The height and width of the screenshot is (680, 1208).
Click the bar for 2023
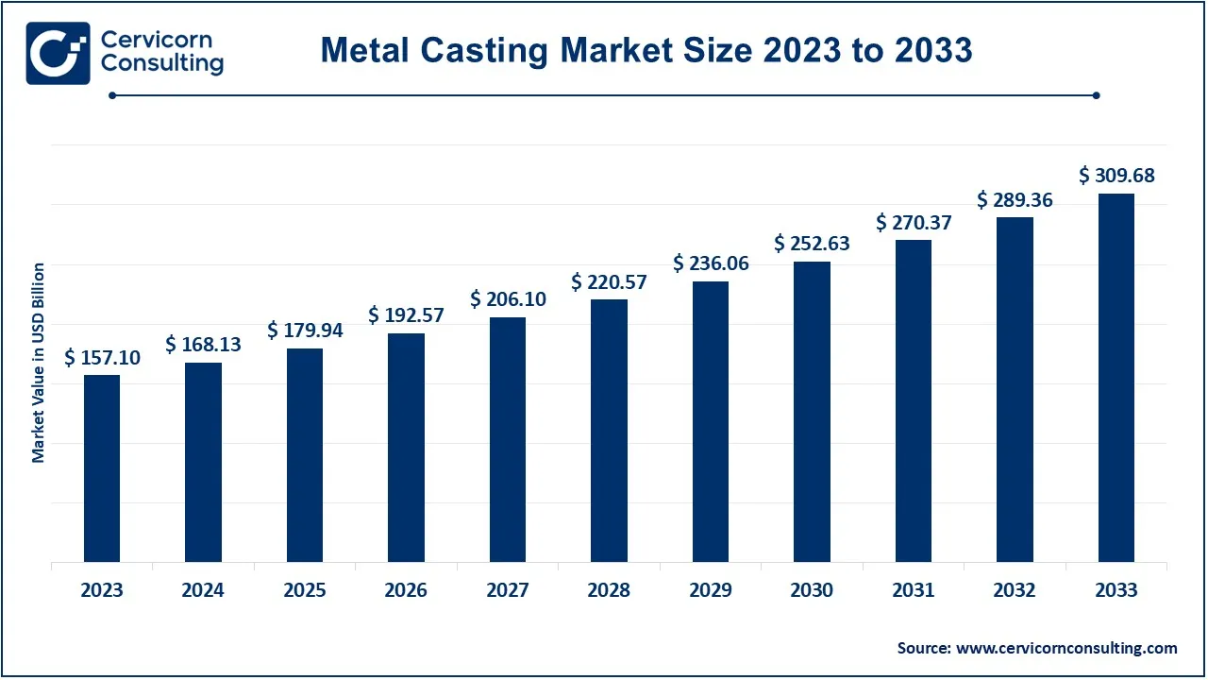pyautogui.click(x=102, y=468)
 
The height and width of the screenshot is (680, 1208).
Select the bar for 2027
pyautogui.click(x=508, y=440)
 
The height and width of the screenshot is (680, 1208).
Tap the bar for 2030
pyautogui.click(x=812, y=412)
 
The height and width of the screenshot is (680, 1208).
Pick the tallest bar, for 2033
pyautogui.click(x=1116, y=378)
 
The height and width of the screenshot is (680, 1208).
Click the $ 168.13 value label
pyautogui.click(x=203, y=345)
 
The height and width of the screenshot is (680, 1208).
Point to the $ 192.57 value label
pyautogui.click(x=406, y=314)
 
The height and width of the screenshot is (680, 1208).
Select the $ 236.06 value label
pyautogui.click(x=711, y=263)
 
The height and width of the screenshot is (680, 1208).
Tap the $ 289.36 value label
pyautogui.click(x=1015, y=200)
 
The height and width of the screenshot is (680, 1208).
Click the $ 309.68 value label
pyautogui.click(x=1116, y=176)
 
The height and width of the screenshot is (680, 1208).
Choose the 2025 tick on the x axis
pyautogui.click(x=304, y=590)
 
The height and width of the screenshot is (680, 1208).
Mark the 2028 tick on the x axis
pyautogui.click(x=609, y=590)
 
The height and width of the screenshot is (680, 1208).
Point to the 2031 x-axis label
pyautogui.click(x=914, y=590)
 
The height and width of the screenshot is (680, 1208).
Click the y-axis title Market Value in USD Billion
pyautogui.click(x=39, y=363)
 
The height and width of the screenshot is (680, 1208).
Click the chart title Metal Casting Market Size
pyautogui.click(x=646, y=50)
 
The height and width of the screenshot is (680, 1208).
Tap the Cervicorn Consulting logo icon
pyautogui.click(x=58, y=53)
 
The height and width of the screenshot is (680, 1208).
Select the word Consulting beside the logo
pyautogui.click(x=161, y=64)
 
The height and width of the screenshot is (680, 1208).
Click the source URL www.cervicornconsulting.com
pyautogui.click(x=1066, y=648)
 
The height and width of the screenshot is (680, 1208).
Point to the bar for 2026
pyautogui.click(x=406, y=448)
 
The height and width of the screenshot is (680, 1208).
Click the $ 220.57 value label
pyautogui.click(x=609, y=281)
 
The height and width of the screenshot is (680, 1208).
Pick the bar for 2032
pyautogui.click(x=1015, y=390)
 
